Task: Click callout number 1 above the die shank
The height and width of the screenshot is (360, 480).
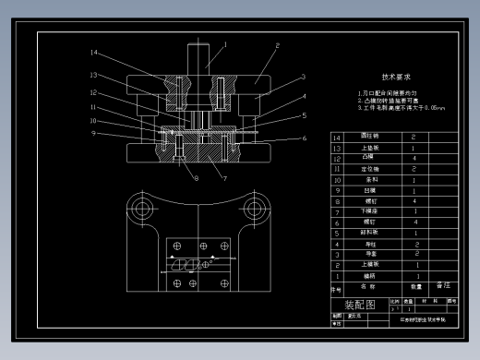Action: pyautogui.click(x=224, y=42)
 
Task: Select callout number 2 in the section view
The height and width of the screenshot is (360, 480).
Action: pyautogui.click(x=276, y=45)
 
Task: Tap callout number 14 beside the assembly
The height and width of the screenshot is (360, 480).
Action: pyautogui.click(x=94, y=53)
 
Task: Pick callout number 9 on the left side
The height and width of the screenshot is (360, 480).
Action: pyautogui.click(x=93, y=133)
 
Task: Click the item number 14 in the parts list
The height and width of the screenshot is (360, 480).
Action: pyautogui.click(x=336, y=138)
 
